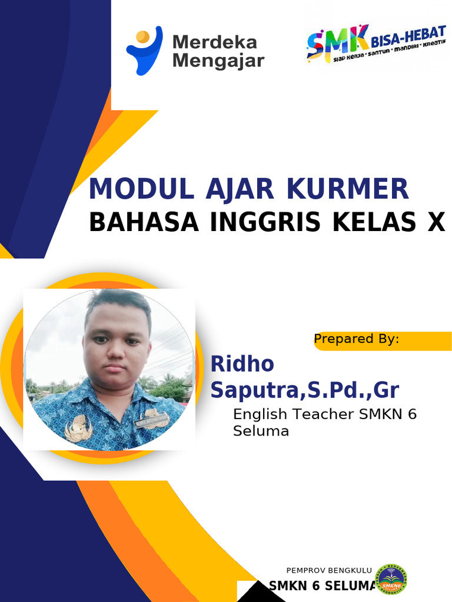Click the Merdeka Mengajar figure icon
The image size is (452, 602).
[144, 51]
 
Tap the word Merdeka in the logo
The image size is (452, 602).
[214, 42]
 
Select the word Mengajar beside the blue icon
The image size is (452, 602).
[218, 61]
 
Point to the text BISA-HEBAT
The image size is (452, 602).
[408, 38]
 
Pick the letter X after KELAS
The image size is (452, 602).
[435, 222]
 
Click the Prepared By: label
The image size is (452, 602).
[357, 339]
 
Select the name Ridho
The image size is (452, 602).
[242, 364]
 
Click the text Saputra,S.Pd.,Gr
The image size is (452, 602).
[305, 389]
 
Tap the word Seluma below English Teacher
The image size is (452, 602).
[261, 431]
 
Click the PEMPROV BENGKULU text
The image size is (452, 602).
[329, 570]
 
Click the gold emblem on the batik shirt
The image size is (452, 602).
[78, 427]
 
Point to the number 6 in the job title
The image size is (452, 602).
[411, 414]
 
